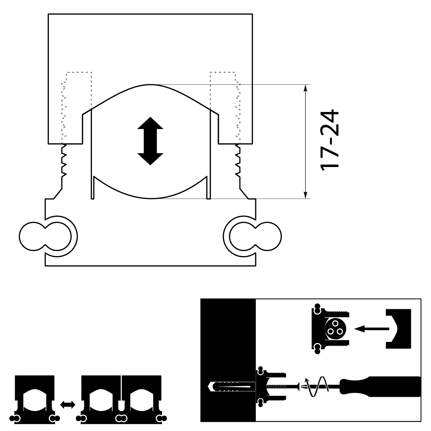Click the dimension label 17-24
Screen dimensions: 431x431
(x=330, y=140)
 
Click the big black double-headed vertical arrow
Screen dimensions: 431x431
(x=150, y=141)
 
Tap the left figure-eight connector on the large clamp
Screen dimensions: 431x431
(x=45, y=236)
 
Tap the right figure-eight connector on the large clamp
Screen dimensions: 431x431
(x=255, y=236)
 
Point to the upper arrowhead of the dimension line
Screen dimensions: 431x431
(x=306, y=88)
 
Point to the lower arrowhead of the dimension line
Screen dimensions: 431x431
(x=306, y=195)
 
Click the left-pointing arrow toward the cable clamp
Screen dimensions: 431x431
(x=372, y=329)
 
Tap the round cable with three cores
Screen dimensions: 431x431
(x=335, y=329)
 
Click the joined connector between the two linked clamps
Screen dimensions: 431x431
(x=121, y=418)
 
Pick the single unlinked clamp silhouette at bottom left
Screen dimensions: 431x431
(x=35, y=400)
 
